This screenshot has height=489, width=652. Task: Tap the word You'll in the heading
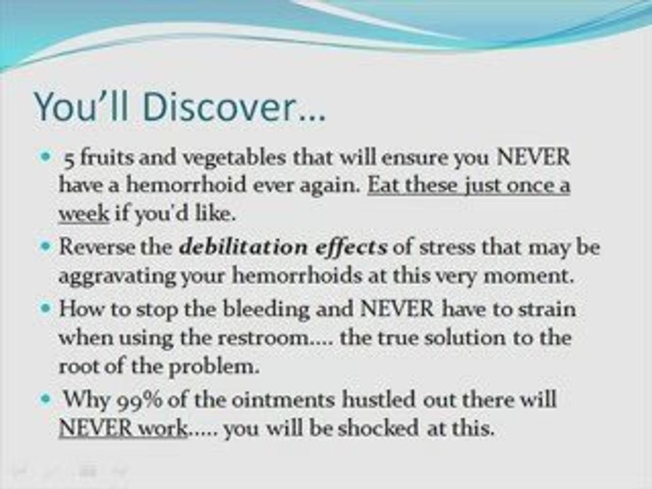[x=81, y=106]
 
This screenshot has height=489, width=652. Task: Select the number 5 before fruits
[x=69, y=159]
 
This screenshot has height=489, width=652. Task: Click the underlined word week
[x=84, y=214]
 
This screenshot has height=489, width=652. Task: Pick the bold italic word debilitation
[x=243, y=247]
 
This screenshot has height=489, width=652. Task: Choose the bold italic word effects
[x=351, y=248]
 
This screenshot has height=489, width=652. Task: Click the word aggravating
[x=117, y=277]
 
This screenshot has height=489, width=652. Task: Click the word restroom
[x=266, y=338]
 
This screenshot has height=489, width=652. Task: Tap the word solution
[x=465, y=338]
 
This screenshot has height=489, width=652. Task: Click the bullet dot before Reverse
[x=46, y=247]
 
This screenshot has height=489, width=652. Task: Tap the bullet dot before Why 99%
[x=46, y=399]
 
